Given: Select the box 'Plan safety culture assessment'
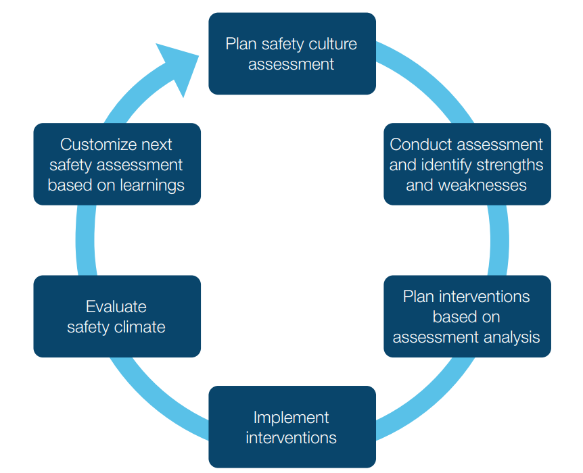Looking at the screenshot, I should tap(291, 54).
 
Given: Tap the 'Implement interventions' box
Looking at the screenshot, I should tap(291, 427).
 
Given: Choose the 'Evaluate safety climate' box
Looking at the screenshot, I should tap(117, 316).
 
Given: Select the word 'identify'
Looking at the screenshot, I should tap(446, 165).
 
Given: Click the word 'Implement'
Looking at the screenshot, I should tap(291, 417).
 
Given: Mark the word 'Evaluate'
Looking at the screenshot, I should tap(116, 307).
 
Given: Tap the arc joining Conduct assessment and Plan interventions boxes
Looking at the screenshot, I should tap(498, 240).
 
